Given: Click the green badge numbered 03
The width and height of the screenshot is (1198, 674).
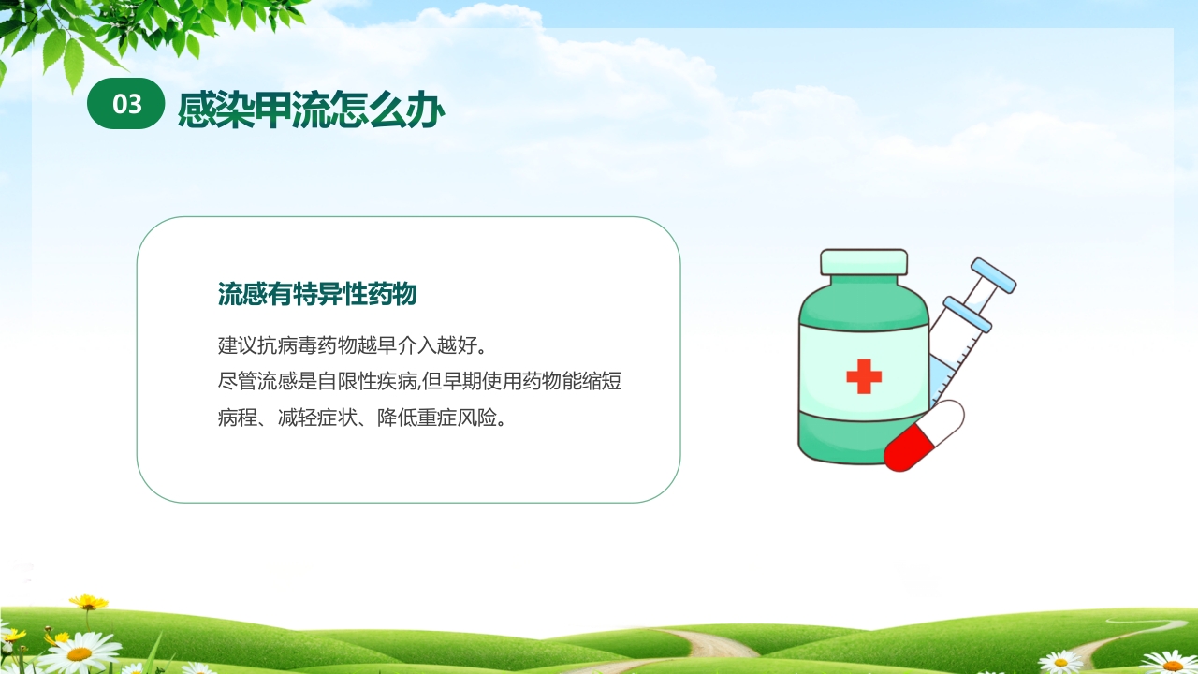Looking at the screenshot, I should click(126, 105).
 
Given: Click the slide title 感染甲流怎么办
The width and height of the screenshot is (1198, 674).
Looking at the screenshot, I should click(311, 110).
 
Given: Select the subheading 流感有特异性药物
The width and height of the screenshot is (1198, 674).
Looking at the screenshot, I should click(316, 294).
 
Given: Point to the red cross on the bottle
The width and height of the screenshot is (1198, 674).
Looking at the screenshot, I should click(863, 376).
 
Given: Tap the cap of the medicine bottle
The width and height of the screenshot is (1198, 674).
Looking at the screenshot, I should click(863, 263).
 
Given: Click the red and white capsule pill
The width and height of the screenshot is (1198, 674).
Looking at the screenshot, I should click(924, 436).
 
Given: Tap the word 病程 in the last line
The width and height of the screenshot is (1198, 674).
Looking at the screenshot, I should click(237, 418).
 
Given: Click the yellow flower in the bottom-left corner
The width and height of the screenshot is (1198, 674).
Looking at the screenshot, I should click(88, 602).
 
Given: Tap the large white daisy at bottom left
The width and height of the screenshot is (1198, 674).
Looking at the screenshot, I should click(79, 652).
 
